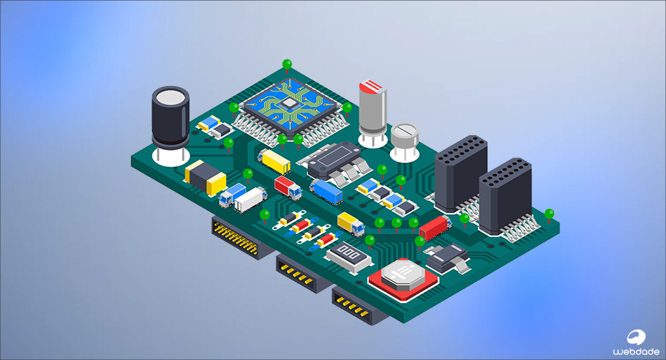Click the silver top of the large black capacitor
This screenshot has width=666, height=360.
tap(171, 97)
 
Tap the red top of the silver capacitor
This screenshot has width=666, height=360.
tap(373, 86)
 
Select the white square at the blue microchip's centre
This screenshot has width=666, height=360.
tap(289, 102)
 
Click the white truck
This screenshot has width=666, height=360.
tap(250, 200)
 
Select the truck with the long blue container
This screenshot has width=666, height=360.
tap(326, 191)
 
